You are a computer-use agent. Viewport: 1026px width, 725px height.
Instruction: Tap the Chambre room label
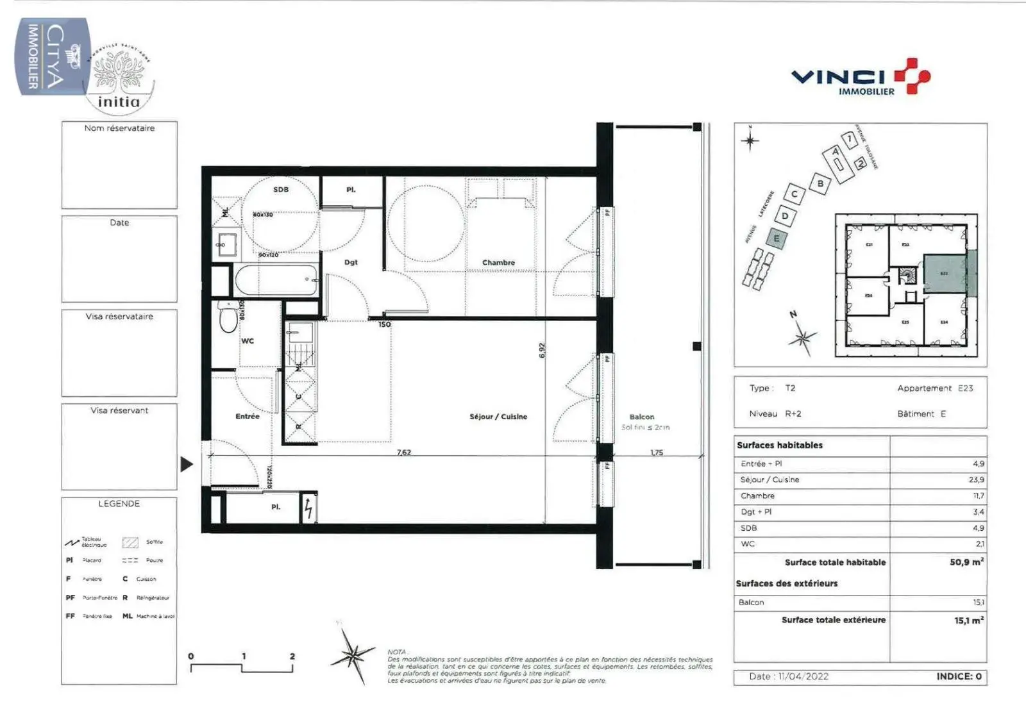498,263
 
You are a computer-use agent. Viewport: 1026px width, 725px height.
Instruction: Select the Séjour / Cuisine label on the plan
498,417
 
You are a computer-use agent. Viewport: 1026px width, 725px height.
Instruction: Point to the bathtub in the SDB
276,280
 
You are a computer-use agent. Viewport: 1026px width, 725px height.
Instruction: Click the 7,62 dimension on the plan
404,452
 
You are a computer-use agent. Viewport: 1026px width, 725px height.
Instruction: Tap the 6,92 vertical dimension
542,350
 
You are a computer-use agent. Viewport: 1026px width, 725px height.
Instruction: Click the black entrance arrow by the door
187,464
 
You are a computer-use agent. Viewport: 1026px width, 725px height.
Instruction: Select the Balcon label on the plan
642,417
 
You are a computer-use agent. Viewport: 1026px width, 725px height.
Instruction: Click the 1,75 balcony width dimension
657,452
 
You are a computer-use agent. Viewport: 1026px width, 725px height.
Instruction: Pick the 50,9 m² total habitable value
966,562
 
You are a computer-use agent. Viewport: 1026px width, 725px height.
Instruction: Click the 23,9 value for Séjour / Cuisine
976,479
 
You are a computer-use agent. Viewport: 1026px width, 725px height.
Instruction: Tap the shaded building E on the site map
777,238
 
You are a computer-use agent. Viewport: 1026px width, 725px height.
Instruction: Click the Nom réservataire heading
119,128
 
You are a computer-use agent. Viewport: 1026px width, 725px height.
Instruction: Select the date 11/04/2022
803,676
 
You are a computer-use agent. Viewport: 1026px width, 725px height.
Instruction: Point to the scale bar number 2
292,656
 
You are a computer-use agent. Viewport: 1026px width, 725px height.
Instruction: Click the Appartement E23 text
935,388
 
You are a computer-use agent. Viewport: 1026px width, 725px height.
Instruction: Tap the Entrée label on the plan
248,417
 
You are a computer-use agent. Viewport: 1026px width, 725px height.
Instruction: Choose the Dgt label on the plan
351,262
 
